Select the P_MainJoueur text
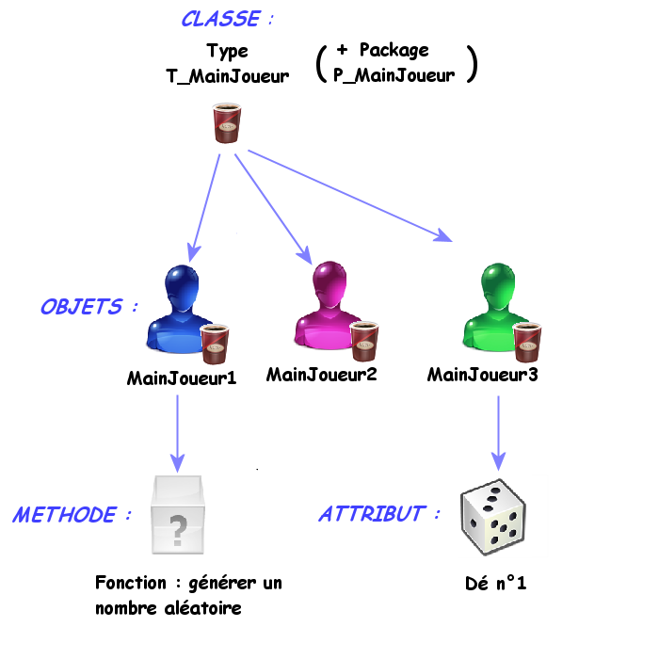click(394, 76)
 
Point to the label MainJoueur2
click(322, 375)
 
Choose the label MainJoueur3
click(483, 375)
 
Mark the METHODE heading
click(65, 515)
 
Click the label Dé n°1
click(496, 584)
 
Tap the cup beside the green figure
click(529, 341)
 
